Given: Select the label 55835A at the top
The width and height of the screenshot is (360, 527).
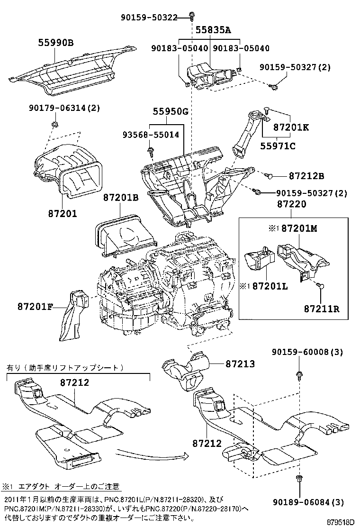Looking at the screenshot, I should pyautogui.click(x=213, y=30).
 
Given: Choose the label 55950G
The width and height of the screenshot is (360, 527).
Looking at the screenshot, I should pyautogui.click(x=170, y=112).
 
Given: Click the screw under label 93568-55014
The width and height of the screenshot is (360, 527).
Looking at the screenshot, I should pyautogui.click(x=151, y=151).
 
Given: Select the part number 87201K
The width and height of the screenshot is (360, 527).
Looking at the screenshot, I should pyautogui.click(x=291, y=127).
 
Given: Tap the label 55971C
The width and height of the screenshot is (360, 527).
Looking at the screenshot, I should pyautogui.click(x=278, y=145).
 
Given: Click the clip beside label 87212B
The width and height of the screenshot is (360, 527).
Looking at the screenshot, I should pyautogui.click(x=269, y=176).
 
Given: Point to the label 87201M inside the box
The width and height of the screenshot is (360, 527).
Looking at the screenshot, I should pyautogui.click(x=298, y=229).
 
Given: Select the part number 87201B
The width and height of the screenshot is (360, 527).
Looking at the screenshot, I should pyautogui.click(x=121, y=198).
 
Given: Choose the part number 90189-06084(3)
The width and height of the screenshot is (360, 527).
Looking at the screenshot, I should pyautogui.click(x=308, y=502).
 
